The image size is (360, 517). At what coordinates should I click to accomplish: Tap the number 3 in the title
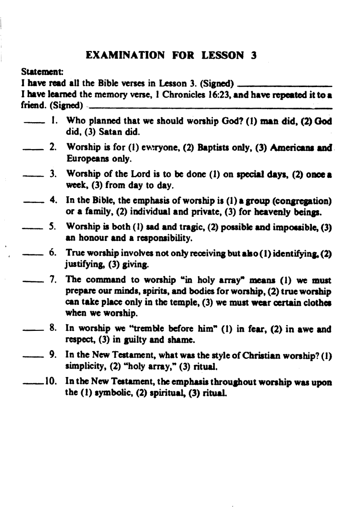tap(251, 55)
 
